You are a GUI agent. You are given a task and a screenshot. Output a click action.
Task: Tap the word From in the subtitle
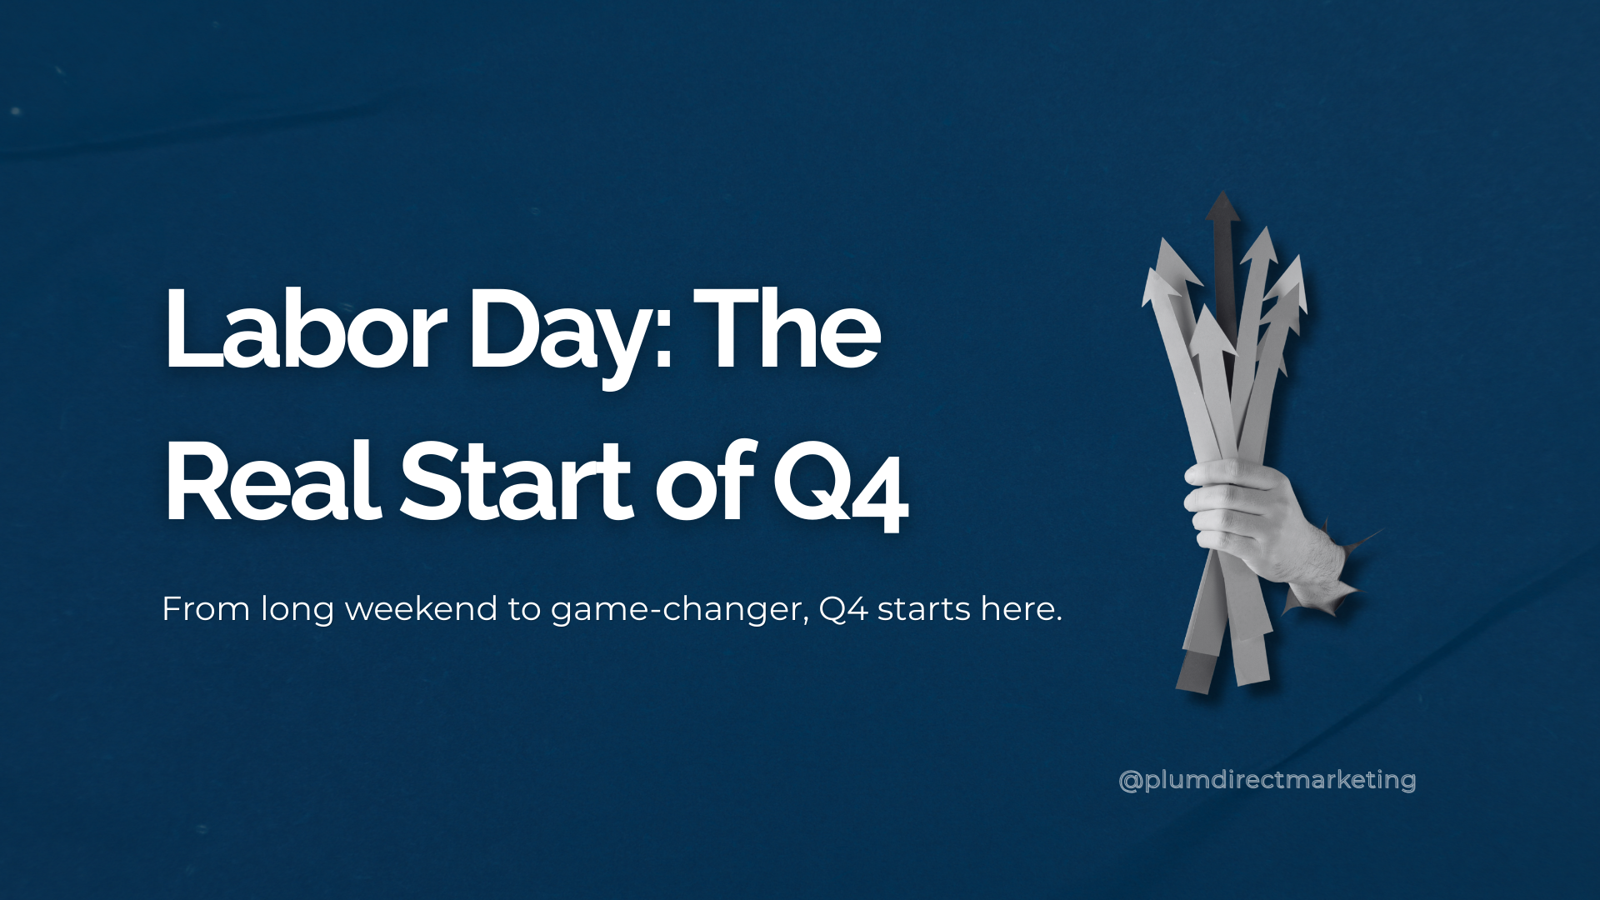(x=206, y=609)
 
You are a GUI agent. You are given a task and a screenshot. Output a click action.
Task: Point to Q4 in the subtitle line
(x=843, y=609)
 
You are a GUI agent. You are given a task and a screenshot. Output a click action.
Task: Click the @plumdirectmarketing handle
(x=1267, y=780)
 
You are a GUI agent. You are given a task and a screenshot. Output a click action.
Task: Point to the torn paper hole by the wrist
(x=1354, y=567)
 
